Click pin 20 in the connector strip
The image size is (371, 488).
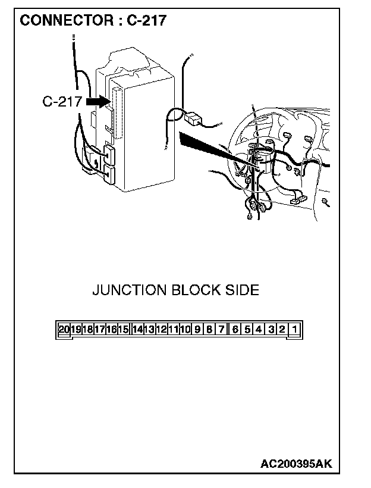pyautogui.click(x=64, y=329)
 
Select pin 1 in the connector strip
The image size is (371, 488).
pyautogui.click(x=295, y=329)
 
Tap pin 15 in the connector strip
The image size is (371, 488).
pyautogui.click(x=124, y=329)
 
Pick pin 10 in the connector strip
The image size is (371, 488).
pyautogui.click(x=185, y=329)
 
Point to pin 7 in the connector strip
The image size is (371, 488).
pyautogui.click(x=221, y=329)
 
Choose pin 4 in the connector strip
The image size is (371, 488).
pyautogui.click(x=259, y=329)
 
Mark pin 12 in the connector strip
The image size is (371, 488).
pyautogui.click(x=161, y=329)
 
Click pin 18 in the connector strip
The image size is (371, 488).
pyautogui.click(x=88, y=329)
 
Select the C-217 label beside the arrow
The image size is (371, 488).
pyautogui.click(x=62, y=102)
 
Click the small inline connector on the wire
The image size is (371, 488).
pyautogui.click(x=193, y=118)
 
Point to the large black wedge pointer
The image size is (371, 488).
pyautogui.click(x=208, y=146)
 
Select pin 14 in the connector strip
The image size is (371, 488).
pyautogui.click(x=138, y=329)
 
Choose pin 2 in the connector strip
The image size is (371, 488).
pyautogui.click(x=282, y=329)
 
